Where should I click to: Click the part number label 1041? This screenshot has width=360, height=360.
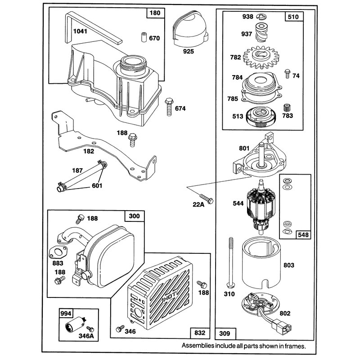click(x=80, y=31)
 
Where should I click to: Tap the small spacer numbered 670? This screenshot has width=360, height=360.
click(x=144, y=37)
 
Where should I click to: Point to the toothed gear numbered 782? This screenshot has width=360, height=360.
click(x=261, y=58)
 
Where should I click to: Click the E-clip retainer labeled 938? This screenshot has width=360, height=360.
click(x=261, y=16)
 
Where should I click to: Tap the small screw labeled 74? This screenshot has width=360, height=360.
click(x=287, y=74)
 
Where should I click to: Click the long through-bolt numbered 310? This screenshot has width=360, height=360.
click(x=230, y=262)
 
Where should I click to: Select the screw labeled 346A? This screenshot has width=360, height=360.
click(x=91, y=329)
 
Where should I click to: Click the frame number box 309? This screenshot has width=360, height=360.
click(x=225, y=333)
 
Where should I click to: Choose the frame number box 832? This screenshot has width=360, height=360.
click(x=200, y=333)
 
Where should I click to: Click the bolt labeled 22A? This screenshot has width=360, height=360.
click(x=207, y=198)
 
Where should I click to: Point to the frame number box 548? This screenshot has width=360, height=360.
click(x=303, y=234)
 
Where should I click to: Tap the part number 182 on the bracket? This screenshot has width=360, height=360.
click(x=89, y=151)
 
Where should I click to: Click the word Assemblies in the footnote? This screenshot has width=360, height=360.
click(x=198, y=346)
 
